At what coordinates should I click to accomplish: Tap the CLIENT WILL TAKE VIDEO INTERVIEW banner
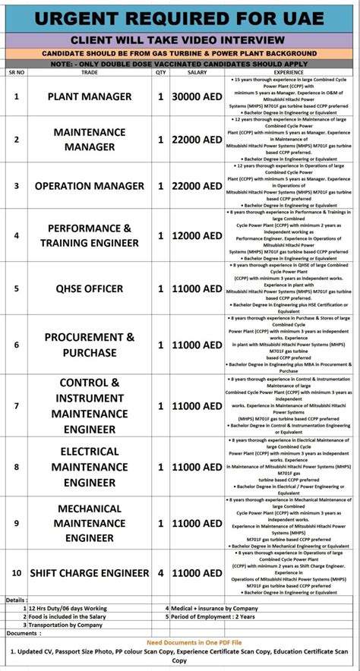(x=179, y=39)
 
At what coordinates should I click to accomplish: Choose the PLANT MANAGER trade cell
(x=90, y=96)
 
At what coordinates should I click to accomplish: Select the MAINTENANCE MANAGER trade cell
(x=90, y=140)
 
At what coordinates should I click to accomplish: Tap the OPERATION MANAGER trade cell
(x=90, y=186)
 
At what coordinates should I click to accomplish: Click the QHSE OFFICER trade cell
(x=90, y=288)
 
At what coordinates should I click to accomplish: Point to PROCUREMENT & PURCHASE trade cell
(x=90, y=345)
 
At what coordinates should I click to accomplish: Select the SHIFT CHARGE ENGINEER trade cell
(x=90, y=572)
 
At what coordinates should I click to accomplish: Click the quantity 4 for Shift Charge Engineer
(x=160, y=572)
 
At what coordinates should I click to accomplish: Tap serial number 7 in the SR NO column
(x=16, y=405)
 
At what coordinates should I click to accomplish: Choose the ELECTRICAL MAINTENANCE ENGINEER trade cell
(x=90, y=466)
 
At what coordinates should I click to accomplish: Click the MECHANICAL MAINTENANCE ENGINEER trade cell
(x=90, y=523)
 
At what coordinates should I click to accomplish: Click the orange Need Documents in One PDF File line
(x=180, y=642)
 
